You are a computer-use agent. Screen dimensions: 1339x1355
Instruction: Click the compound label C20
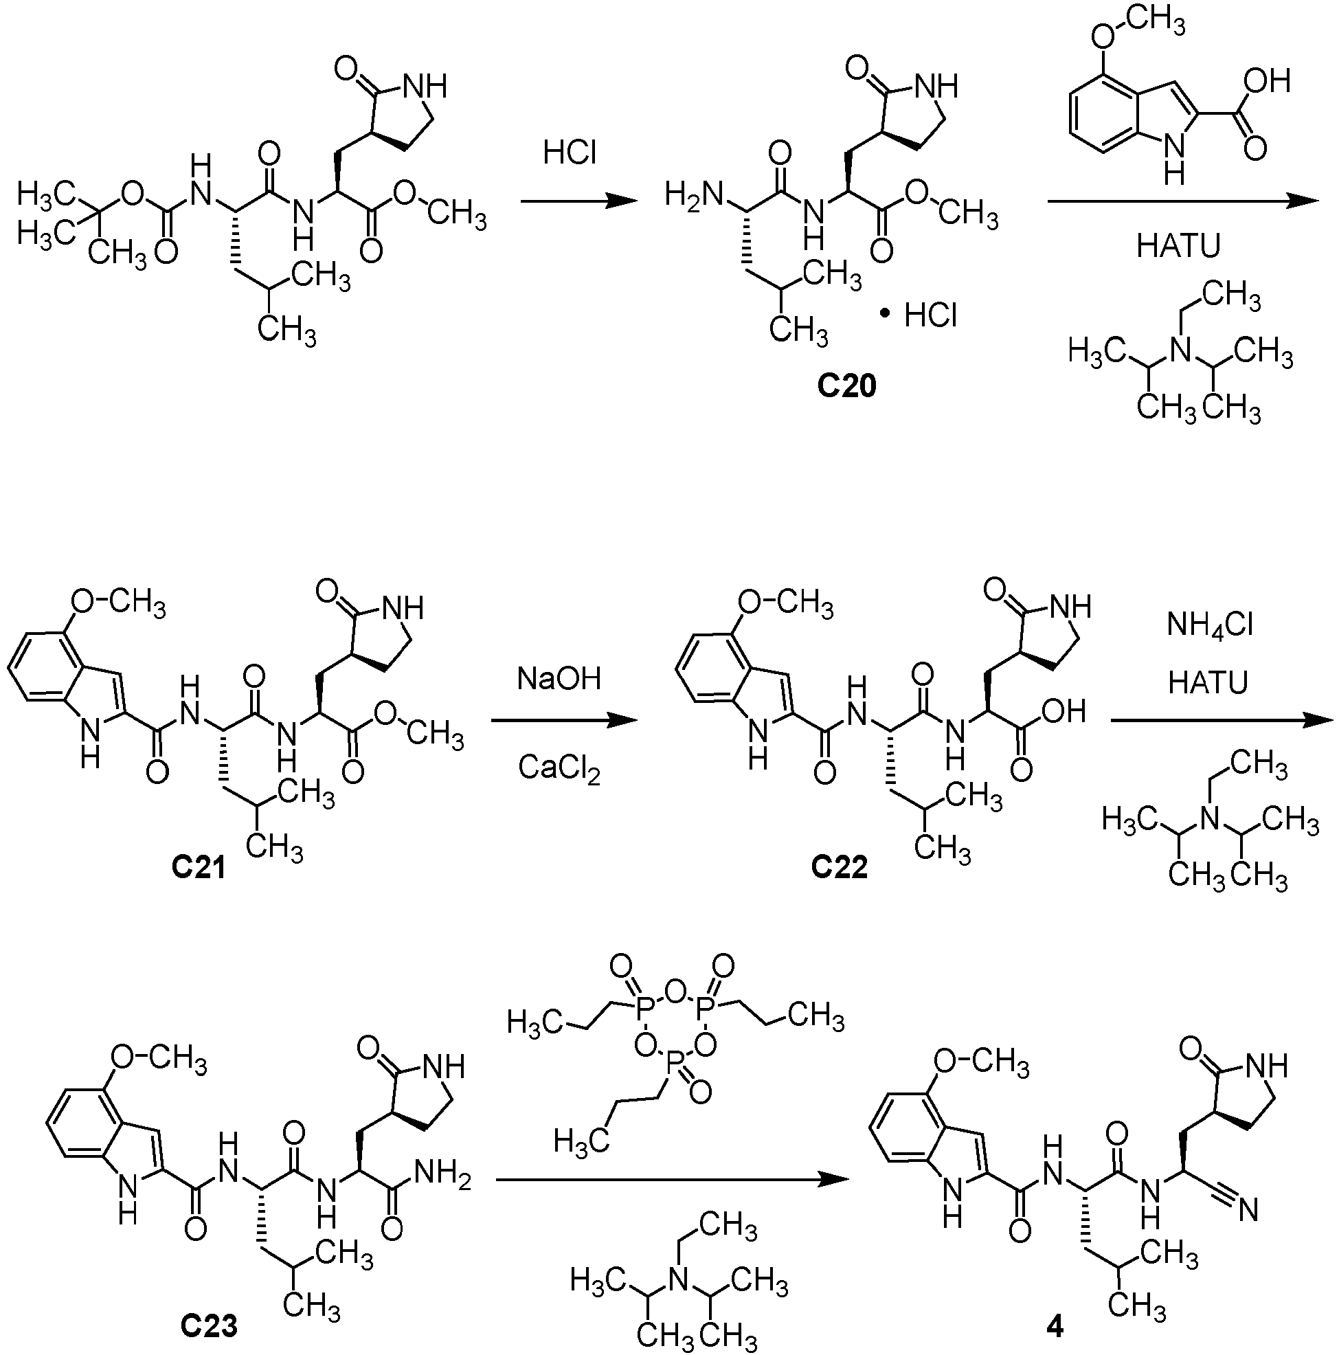pos(846,386)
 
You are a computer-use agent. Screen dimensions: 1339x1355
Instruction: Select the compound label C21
pos(199,868)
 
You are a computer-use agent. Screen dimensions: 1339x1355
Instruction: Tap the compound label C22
pos(839,868)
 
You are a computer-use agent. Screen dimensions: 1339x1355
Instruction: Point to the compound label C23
pos(209,1325)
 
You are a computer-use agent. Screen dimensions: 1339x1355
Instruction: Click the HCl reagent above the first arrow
pos(570,151)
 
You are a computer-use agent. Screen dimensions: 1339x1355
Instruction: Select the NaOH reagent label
pos(559,678)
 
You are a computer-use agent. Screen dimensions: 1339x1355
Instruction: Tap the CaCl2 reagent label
pos(559,769)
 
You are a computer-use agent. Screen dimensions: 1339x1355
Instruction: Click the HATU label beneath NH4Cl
pos(1208,682)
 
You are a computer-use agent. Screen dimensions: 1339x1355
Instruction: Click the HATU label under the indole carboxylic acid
pos(1178,245)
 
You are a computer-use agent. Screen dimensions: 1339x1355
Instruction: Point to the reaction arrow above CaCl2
pos(564,721)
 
